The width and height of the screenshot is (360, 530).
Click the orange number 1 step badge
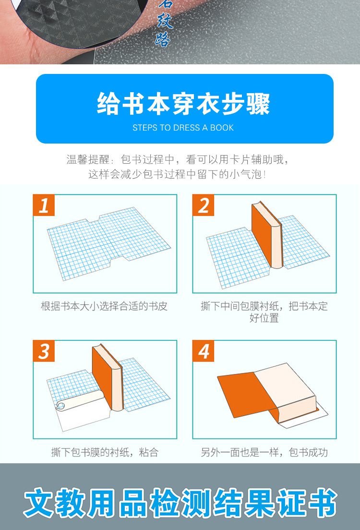44,205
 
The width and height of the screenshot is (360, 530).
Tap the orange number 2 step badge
204,205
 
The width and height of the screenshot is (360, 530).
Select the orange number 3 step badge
44,351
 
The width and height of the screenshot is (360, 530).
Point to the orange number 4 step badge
204,351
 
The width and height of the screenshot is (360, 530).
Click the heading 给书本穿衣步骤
184,104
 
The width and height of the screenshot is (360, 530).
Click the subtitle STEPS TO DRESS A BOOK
183,128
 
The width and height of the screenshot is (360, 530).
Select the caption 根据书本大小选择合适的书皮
104,306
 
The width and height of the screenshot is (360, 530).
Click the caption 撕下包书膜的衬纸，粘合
105,452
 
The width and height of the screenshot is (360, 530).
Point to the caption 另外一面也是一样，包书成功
264,452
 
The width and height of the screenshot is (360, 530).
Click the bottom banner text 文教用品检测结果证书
180,502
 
